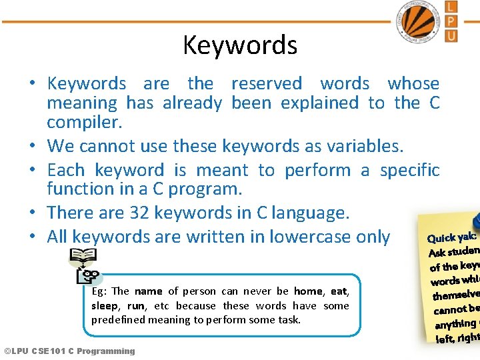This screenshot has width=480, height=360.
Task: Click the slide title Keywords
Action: click(x=240, y=45)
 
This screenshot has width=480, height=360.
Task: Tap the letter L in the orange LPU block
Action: click(x=451, y=7)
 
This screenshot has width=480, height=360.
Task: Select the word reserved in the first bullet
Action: click(x=266, y=84)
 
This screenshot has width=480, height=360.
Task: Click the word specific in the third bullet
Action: click(x=409, y=171)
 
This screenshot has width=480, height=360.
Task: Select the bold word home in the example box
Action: click(x=308, y=291)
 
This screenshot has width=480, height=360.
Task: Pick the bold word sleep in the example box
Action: click(x=104, y=306)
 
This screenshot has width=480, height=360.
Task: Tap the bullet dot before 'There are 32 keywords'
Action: click(x=32, y=213)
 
